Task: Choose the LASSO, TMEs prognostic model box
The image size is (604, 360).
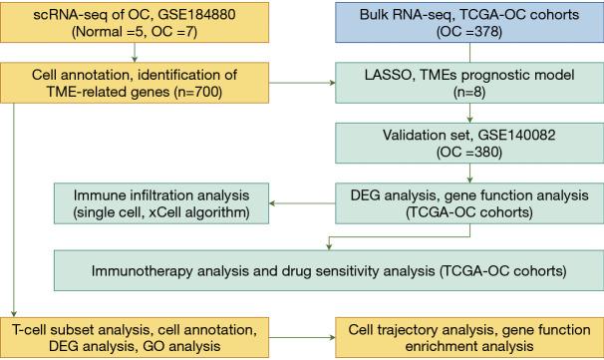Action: click(462, 85)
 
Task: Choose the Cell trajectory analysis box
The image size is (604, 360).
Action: click(462, 337)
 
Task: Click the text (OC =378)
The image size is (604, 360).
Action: click(462, 31)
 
